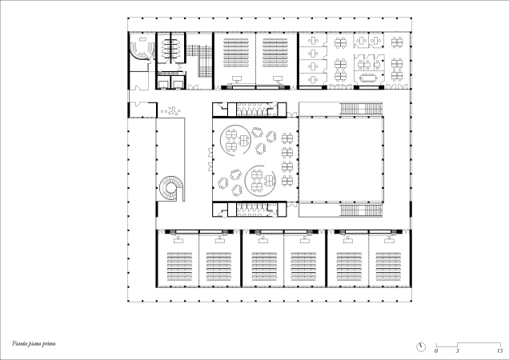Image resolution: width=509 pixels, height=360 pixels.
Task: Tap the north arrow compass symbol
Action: (421, 347)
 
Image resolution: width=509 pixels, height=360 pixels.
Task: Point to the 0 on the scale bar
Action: (436, 351)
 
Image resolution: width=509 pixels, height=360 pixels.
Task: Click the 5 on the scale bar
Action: (458, 351)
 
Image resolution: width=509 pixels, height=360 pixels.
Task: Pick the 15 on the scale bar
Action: (500, 351)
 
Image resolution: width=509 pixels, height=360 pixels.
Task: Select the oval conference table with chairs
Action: (367, 78)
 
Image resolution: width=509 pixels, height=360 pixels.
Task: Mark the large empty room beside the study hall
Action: (340, 159)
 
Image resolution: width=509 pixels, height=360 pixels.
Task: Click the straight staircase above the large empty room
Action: (361, 109)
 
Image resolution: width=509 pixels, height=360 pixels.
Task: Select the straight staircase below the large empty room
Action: (361, 210)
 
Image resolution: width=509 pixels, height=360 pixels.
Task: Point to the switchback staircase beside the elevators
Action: (199, 61)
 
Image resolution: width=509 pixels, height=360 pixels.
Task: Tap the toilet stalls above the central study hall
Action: (252, 110)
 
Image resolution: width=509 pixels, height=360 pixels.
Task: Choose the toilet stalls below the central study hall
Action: (252, 210)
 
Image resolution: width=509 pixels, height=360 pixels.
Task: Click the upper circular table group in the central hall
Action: (235, 141)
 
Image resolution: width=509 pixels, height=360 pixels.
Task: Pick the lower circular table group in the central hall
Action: (260, 181)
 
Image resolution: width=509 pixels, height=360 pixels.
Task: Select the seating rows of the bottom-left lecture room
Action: (179, 266)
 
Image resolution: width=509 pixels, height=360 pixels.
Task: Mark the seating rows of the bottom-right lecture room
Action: (388, 266)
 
